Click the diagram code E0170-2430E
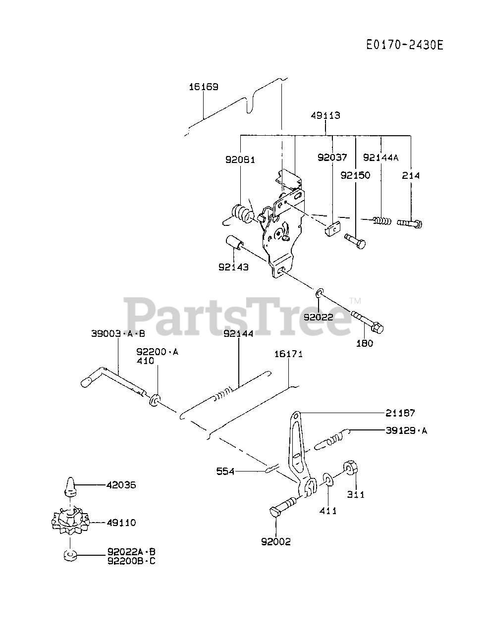click(x=404, y=45)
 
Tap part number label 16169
click(x=203, y=87)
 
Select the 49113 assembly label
click(x=325, y=115)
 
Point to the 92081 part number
click(x=240, y=159)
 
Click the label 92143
click(x=233, y=267)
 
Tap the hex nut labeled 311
click(x=351, y=468)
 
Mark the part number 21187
click(x=400, y=413)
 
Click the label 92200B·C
click(x=131, y=561)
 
